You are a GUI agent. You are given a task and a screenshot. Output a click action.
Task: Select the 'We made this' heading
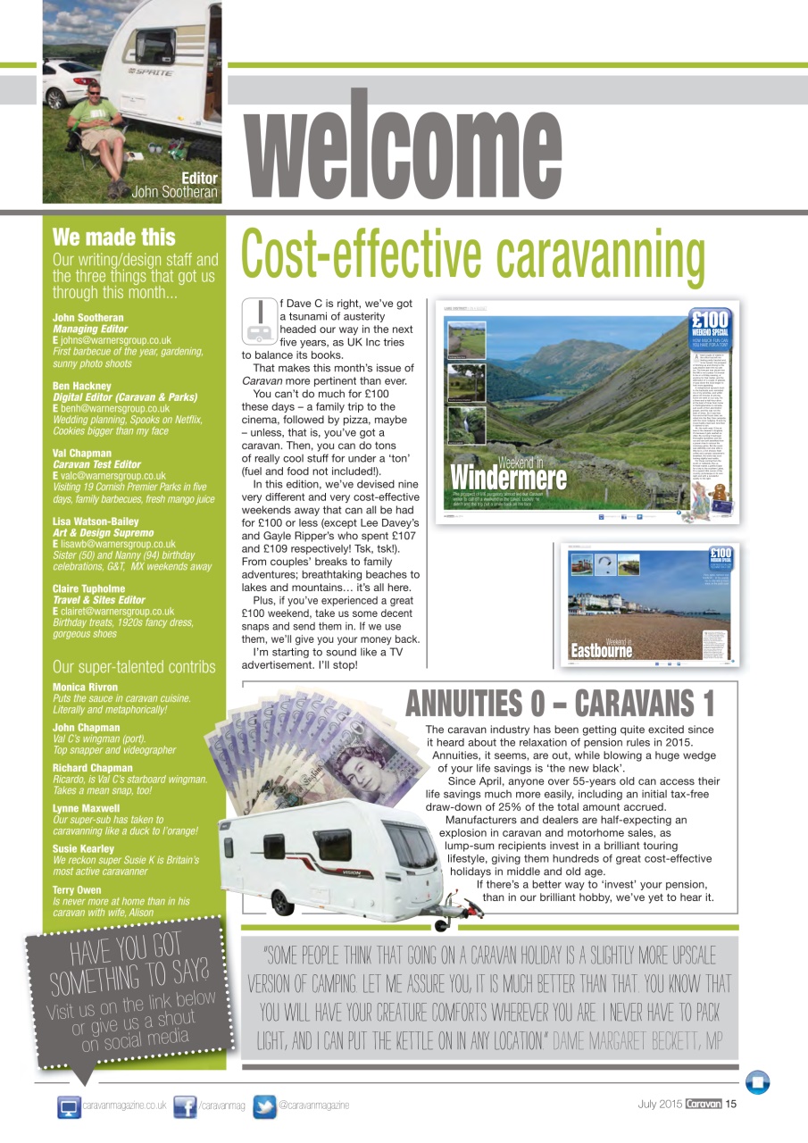pos(113,238)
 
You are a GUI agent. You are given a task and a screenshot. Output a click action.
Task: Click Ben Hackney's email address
pos(114,408)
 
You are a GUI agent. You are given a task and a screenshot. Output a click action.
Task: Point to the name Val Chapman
pos(82,454)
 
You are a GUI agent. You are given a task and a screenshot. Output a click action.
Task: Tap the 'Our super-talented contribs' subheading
pos(134,667)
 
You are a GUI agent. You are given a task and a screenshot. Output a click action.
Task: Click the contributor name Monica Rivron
pos(85,688)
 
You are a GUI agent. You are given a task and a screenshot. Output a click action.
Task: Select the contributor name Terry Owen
pos(78,890)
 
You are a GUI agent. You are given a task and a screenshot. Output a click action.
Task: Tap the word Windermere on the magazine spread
pos(508,478)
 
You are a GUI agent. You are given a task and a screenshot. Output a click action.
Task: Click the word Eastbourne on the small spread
pos(601,651)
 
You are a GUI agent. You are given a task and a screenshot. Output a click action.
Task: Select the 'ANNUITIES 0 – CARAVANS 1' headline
pos(560,704)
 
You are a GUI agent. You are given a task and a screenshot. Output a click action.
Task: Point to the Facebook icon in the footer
pos(185,1106)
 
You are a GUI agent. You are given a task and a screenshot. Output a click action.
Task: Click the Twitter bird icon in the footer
pos(264,1106)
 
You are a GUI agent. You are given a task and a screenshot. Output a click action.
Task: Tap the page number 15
pos(730,1105)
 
